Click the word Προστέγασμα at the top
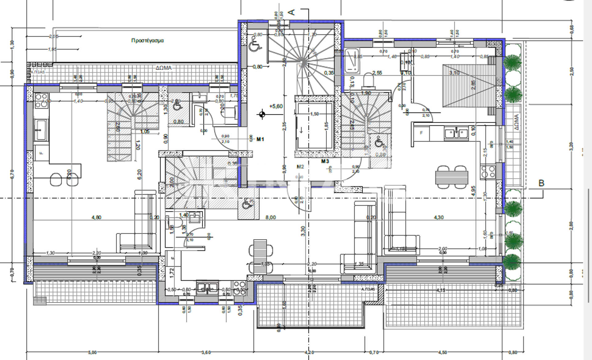click(x=147, y=40)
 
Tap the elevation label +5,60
click(x=276, y=106)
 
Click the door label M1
click(x=260, y=139)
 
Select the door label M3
click(x=325, y=161)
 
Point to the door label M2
click(x=300, y=167)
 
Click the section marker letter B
click(x=541, y=183)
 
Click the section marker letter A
click(x=291, y=12)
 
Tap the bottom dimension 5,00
click(x=92, y=352)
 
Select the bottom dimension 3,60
click(x=206, y=352)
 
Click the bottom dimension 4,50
click(x=442, y=352)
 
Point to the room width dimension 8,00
click(x=270, y=218)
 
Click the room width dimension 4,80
click(x=96, y=218)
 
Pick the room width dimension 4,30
click(x=438, y=218)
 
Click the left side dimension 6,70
click(x=12, y=174)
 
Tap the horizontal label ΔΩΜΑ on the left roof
click(x=163, y=68)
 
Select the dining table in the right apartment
click(x=452, y=177)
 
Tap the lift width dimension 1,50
click(x=314, y=114)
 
